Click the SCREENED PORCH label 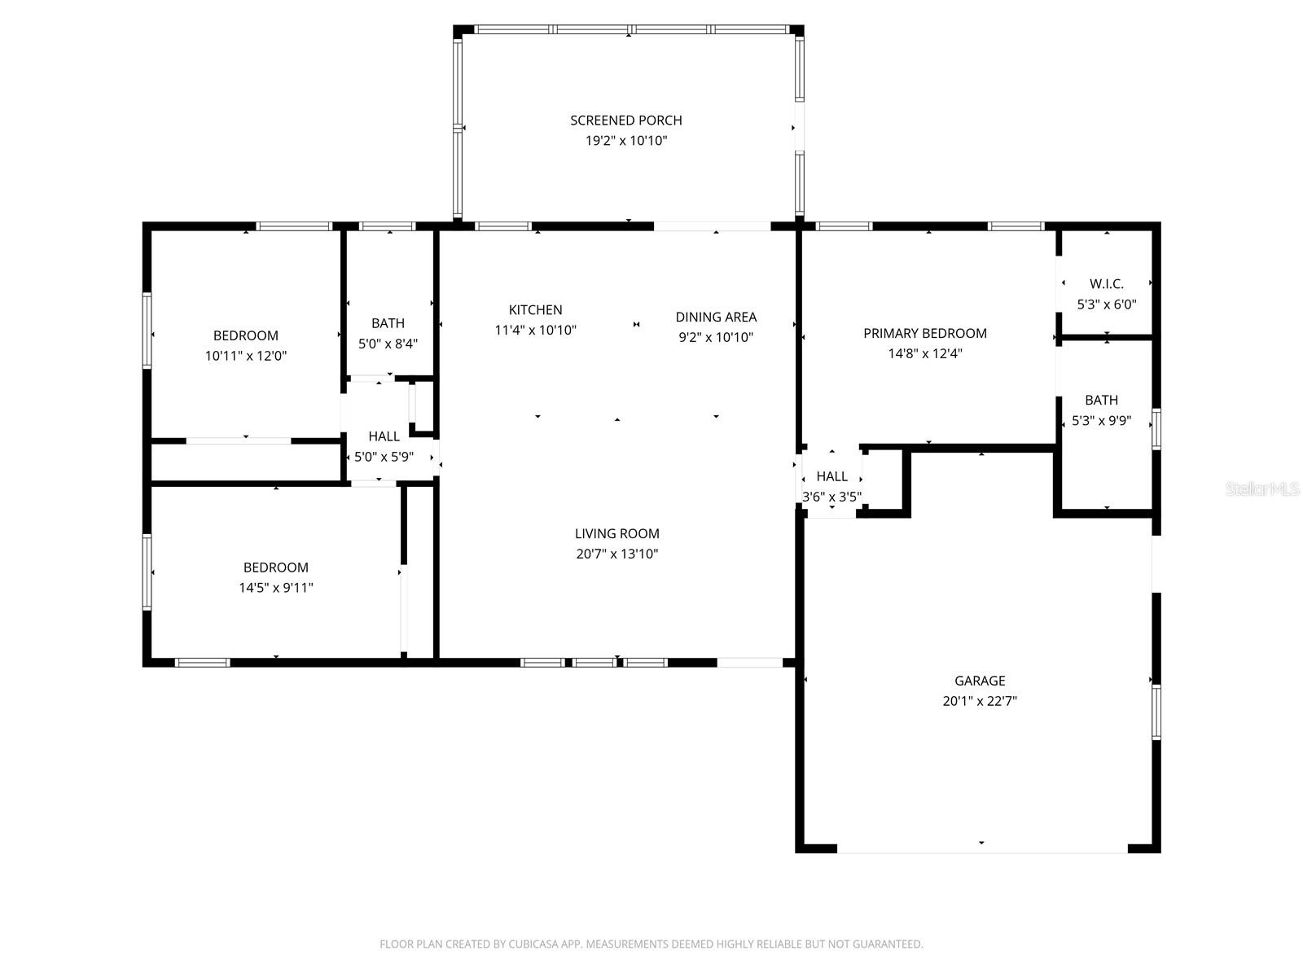625,120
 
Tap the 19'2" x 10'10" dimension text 625,141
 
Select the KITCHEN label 535,310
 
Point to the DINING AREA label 716,318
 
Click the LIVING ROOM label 616,534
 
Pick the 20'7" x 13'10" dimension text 616,554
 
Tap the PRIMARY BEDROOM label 924,334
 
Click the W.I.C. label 1106,284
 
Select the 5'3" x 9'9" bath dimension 1101,421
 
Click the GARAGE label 980,681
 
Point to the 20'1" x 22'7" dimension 980,701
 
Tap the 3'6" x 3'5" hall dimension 831,497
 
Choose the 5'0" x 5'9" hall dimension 384,458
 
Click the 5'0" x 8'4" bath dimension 388,344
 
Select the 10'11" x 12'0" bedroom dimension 246,356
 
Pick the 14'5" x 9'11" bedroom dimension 275,588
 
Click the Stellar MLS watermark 1262,489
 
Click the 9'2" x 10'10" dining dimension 716,337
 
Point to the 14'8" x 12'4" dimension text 924,354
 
